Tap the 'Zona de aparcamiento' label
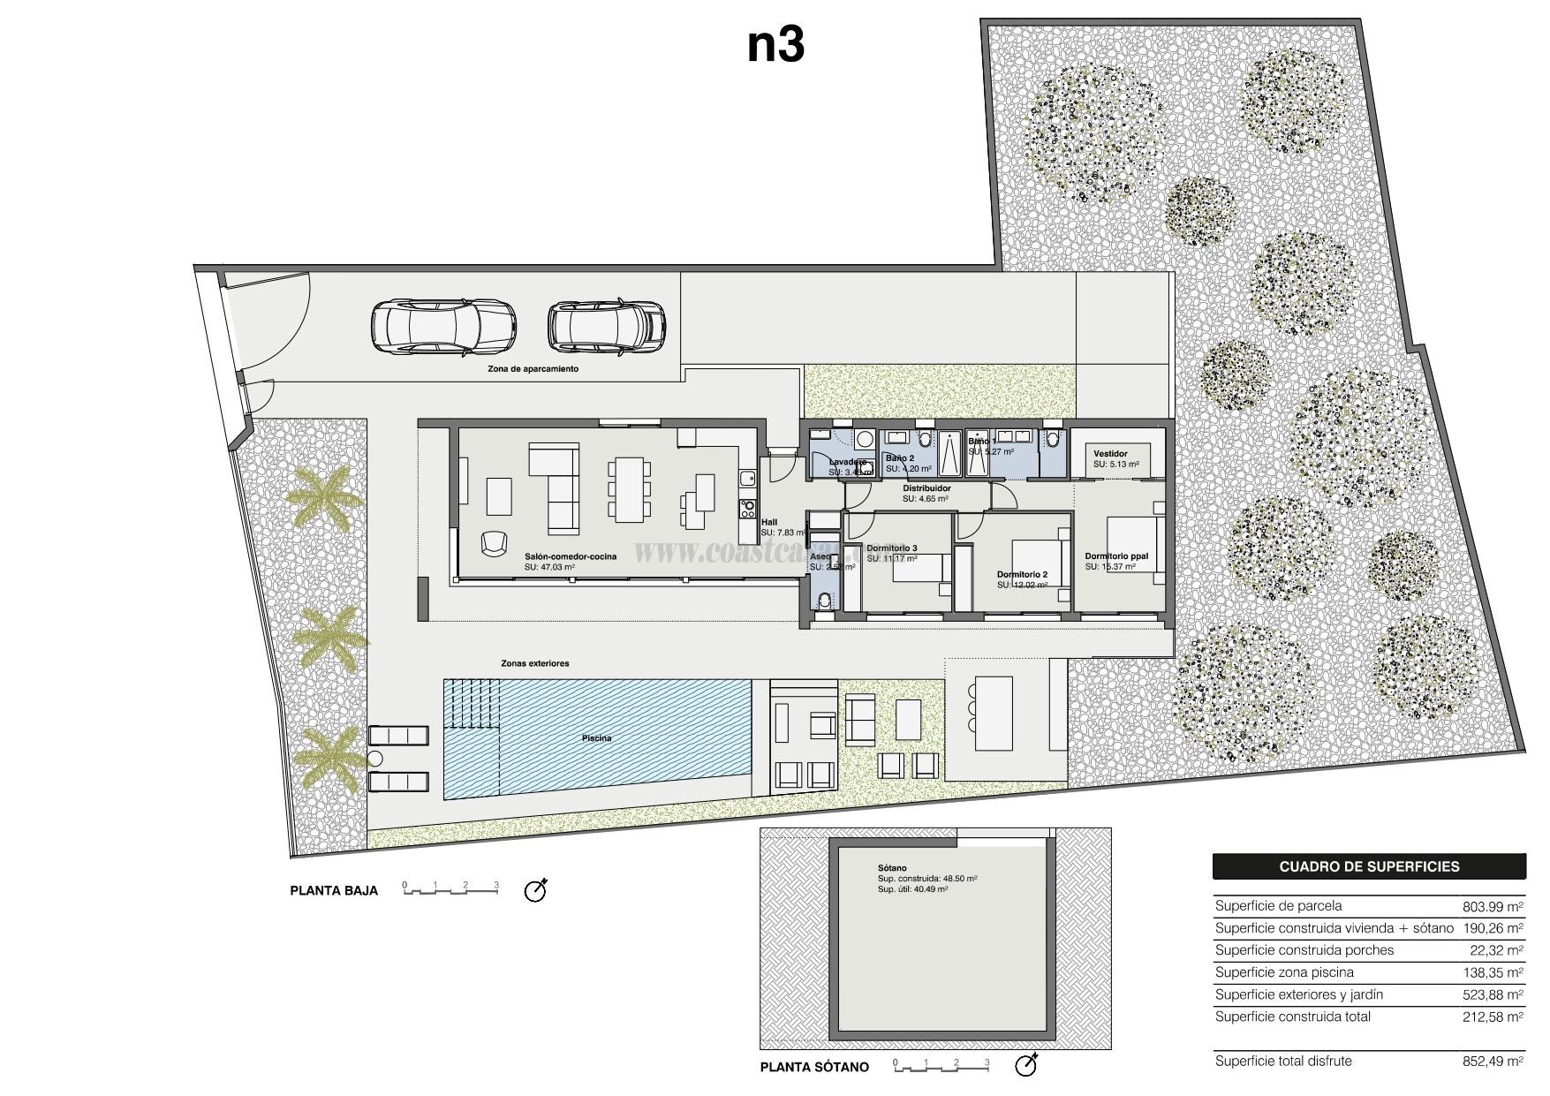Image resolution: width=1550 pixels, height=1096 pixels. [x=533, y=369]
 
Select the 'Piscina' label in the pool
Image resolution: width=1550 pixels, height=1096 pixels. [x=596, y=738]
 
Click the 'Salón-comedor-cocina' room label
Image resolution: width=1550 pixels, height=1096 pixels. [x=570, y=556]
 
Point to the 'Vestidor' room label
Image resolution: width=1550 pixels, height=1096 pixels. [x=1110, y=454]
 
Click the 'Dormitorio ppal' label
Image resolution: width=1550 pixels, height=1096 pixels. [x=1116, y=556]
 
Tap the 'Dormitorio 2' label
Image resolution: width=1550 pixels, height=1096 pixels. [x=1022, y=574]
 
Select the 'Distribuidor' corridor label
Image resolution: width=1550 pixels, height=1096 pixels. [x=926, y=488]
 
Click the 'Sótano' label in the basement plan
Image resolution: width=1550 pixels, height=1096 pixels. [x=892, y=868]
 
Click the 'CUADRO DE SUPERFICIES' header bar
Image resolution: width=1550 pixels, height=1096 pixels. [x=1368, y=866]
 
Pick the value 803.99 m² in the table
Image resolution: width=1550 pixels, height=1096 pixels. [x=1493, y=906]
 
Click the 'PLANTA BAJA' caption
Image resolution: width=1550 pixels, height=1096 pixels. [x=334, y=890]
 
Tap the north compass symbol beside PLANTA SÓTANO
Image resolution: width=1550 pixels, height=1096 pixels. [x=1026, y=1065]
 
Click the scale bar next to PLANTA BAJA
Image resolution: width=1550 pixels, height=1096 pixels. [x=451, y=888]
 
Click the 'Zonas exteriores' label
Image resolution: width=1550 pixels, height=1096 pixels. [x=534, y=663]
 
